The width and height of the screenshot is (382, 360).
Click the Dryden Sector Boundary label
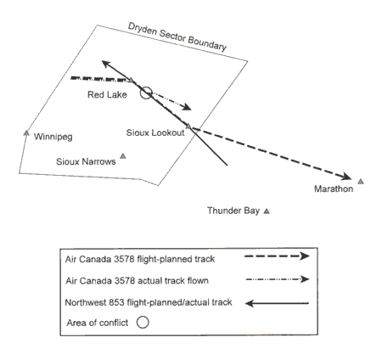[177, 37]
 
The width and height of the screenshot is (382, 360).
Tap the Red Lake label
[107, 94]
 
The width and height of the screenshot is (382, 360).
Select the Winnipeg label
[53, 137]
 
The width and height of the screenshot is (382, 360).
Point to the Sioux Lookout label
[155, 132]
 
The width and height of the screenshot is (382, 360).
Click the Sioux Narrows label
[86, 161]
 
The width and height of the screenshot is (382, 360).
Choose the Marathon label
[334, 188]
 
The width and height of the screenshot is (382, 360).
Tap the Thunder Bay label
[233, 211]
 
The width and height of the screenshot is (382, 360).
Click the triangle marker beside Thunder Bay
[267, 211]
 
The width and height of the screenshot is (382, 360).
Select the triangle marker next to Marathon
[360, 182]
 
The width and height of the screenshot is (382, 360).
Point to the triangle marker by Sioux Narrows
[123, 156]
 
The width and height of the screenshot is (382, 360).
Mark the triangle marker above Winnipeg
[26, 132]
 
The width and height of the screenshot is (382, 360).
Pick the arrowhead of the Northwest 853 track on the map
[106, 64]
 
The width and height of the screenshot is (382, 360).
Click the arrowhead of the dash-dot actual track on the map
[187, 107]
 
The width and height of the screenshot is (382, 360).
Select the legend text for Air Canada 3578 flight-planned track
[140, 259]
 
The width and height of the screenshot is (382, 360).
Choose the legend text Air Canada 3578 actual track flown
[137, 281]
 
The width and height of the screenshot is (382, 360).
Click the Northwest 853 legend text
[149, 302]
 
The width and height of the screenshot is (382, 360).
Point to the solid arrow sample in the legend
[277, 303]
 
